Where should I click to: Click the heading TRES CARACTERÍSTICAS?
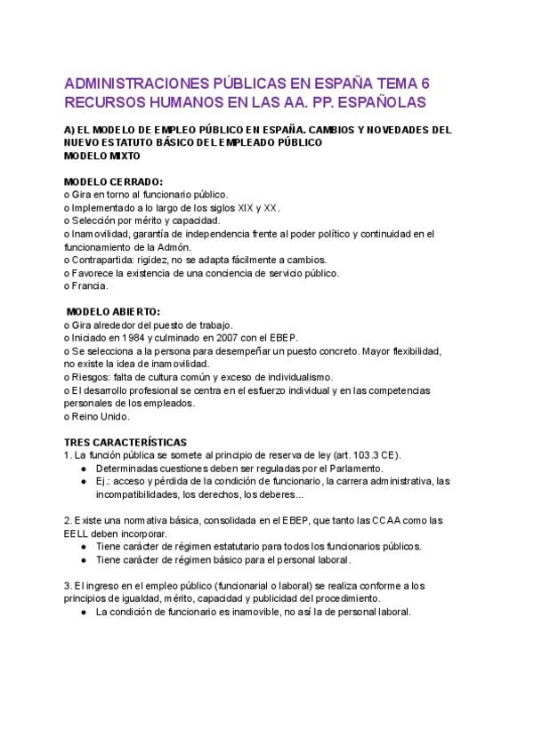pos(125,442)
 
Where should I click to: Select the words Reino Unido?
pos(101,416)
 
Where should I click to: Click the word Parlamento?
pos(352,468)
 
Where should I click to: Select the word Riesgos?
pos(90,377)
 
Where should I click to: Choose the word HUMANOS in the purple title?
pos(179,102)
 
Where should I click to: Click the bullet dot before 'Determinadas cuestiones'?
pos(83,468)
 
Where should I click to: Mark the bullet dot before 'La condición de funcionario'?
pos(83,612)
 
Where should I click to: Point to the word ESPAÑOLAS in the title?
pos(376,102)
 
